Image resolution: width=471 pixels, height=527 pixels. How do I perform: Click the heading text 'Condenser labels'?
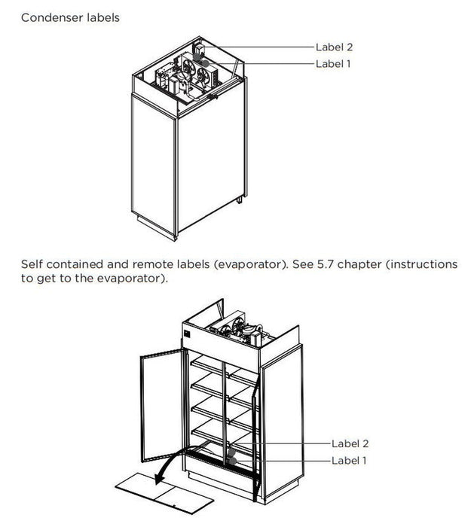(70, 17)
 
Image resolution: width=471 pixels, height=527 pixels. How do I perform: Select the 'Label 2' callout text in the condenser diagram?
(335, 47)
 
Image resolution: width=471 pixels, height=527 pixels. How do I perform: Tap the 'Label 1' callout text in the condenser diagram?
(334, 64)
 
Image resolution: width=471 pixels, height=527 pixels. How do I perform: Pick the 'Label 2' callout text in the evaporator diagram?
(351, 444)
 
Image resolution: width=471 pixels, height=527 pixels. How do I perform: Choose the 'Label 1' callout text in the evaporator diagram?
(350, 460)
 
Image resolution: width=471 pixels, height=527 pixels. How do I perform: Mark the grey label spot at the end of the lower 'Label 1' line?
(232, 458)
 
